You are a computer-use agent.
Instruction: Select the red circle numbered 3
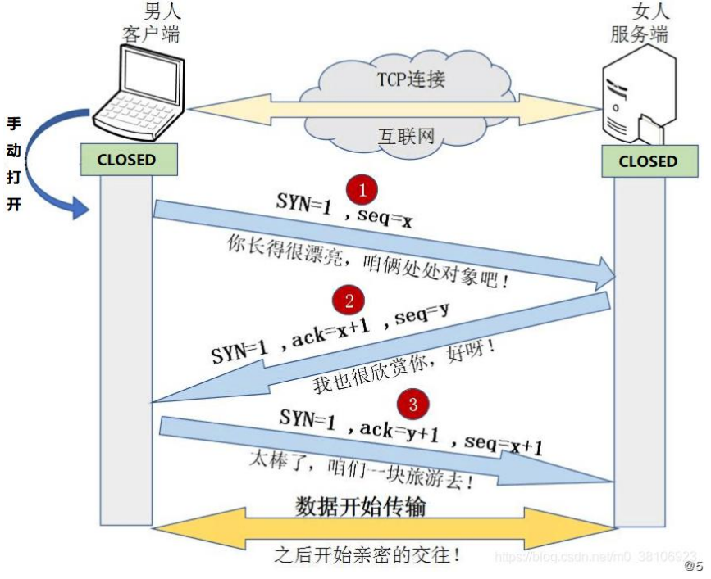[413, 404]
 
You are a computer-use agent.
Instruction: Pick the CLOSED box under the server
[648, 161]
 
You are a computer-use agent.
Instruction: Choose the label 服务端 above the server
[640, 34]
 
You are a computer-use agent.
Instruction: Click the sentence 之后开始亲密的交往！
[367, 554]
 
